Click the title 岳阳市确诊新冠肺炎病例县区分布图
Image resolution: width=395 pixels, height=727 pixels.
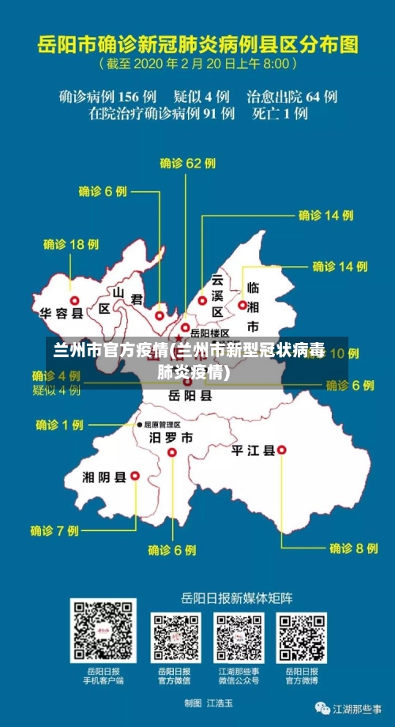(x=197, y=41)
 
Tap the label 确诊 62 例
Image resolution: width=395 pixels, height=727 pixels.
(x=187, y=164)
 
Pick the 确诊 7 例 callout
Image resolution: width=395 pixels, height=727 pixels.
(x=55, y=530)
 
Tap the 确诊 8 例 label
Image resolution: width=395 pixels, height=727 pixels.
(x=353, y=548)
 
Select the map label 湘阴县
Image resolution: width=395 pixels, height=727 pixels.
(x=104, y=477)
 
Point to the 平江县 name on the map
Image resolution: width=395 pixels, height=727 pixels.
(x=253, y=450)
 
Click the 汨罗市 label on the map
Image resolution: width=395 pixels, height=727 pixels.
(x=171, y=437)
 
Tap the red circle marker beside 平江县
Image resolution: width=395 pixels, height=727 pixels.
(x=282, y=450)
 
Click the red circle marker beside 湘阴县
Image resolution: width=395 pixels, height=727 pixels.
(x=134, y=476)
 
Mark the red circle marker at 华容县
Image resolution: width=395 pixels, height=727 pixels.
(x=75, y=300)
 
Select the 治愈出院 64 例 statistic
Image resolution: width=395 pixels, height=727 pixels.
(x=292, y=96)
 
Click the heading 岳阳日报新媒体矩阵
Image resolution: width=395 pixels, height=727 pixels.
(x=237, y=596)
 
